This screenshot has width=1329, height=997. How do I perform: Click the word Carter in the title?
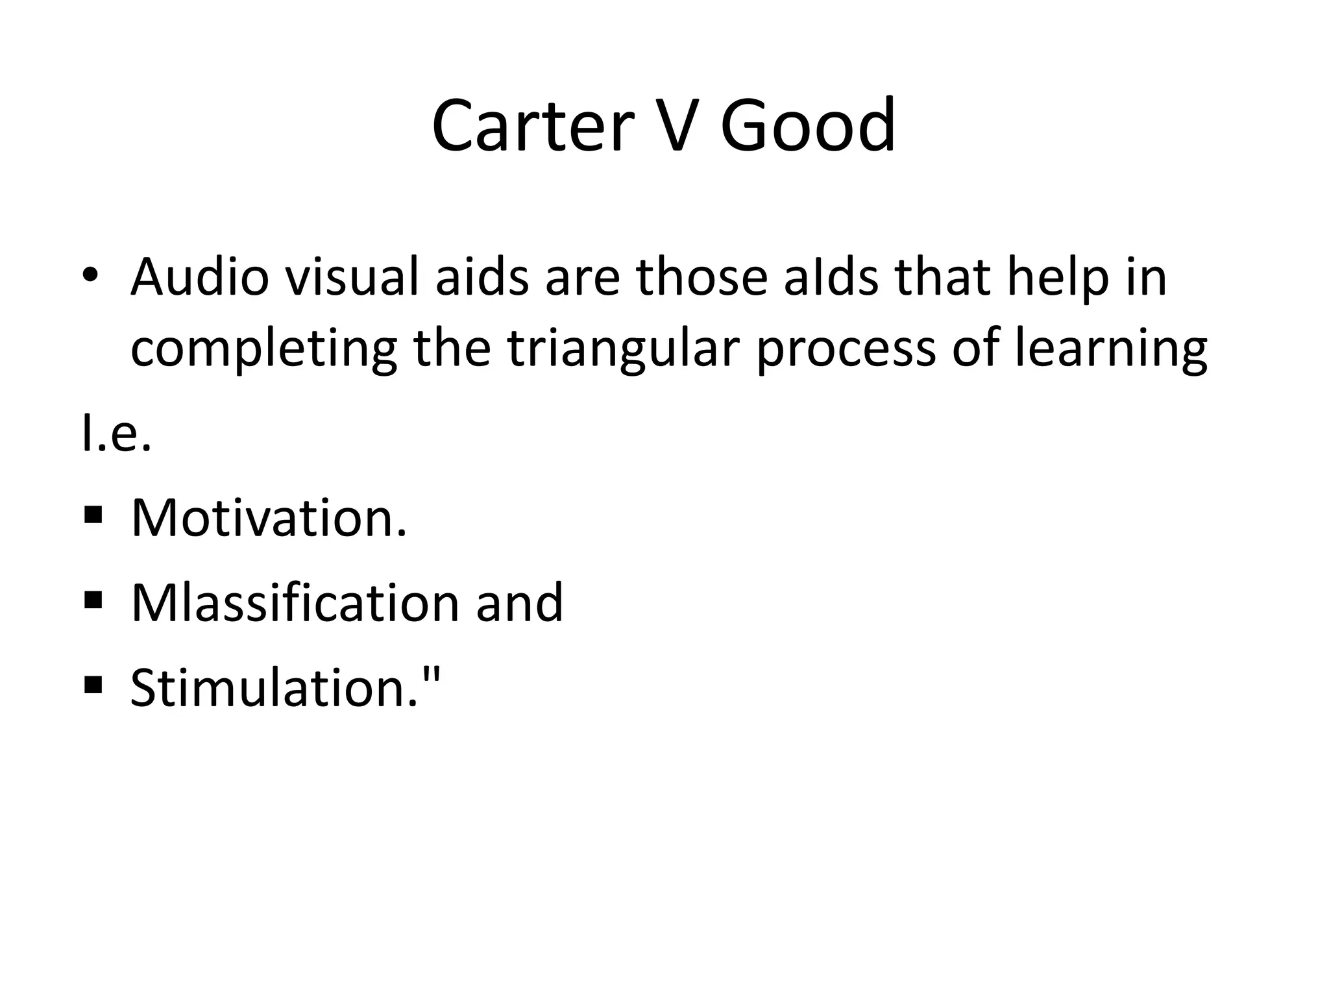[x=532, y=126]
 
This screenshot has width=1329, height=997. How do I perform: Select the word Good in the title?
[x=807, y=126]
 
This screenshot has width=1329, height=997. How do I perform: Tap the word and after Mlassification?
[x=519, y=603]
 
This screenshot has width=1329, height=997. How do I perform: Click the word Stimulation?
[x=275, y=688]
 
